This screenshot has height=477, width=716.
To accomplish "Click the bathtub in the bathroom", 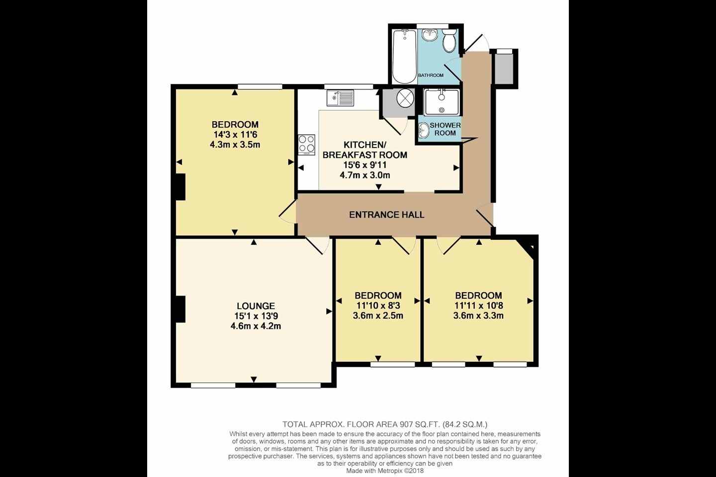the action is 404,57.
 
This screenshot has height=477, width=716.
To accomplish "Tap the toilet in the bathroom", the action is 449,41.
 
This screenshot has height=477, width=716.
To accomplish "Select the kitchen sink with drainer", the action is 340,98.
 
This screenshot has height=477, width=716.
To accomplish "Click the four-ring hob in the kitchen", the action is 306,145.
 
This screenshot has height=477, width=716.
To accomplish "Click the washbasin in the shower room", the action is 424,131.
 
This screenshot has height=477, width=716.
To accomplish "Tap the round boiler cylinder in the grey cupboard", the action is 405,98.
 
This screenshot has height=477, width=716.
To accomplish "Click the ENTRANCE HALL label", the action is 386,215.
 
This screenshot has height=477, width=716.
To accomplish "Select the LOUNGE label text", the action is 256,306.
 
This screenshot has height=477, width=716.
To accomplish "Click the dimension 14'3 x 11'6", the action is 235,135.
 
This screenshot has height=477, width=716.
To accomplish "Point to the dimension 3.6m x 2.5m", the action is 378,316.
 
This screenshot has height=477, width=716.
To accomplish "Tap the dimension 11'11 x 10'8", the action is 478,306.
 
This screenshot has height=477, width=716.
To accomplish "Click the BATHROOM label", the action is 431,76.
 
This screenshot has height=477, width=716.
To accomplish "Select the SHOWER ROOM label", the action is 445,129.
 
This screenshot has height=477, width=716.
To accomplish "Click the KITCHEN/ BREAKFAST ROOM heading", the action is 365,150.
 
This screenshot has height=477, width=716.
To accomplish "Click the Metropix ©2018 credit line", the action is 385,471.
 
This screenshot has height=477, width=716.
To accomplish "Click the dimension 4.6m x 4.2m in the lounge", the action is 256,326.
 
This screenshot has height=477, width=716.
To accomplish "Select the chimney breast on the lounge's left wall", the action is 180,309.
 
